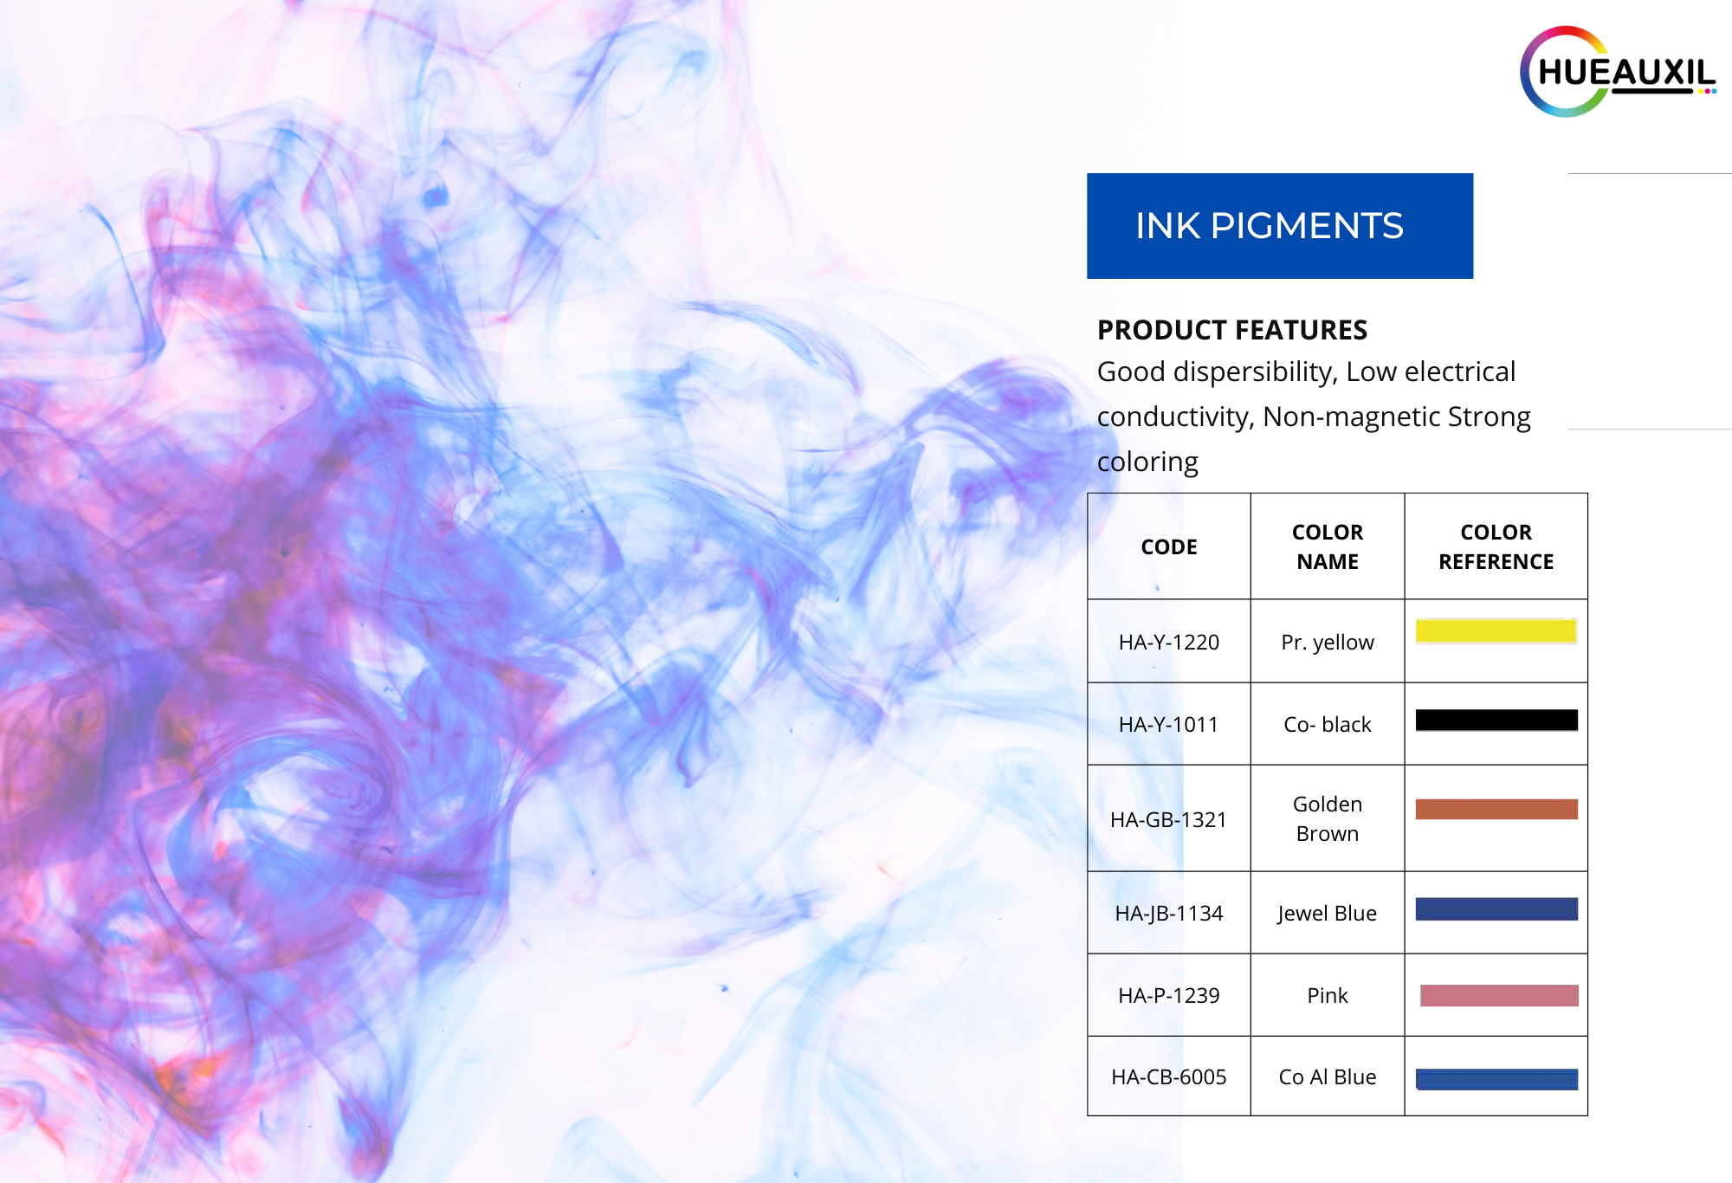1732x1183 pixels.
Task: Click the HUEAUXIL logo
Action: (1618, 72)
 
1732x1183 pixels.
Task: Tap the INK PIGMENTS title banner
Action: (1280, 226)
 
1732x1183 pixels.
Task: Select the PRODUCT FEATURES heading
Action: (1231, 330)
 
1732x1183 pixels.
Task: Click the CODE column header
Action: (1169, 546)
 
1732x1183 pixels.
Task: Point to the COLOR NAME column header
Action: (1328, 546)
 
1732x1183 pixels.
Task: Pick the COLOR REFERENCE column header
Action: (1496, 546)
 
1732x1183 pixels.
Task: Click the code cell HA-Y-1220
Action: (1169, 642)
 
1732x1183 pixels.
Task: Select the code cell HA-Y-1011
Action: (1169, 724)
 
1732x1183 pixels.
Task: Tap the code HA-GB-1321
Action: (1169, 819)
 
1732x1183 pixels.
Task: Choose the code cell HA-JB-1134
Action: (1169, 913)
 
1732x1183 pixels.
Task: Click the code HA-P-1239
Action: (1169, 995)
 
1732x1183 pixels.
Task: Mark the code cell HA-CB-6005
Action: (1169, 1076)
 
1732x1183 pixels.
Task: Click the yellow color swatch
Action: (1496, 630)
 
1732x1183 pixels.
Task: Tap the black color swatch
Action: (1496, 720)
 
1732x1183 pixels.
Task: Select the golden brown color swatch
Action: (1496, 809)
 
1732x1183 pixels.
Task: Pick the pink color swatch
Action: (1499, 995)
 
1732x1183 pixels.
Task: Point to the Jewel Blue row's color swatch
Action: (1496, 908)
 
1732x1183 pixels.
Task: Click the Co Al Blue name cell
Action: (1328, 1076)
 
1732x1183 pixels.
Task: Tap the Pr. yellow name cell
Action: (1328, 642)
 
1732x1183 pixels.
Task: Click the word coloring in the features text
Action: (1147, 462)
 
